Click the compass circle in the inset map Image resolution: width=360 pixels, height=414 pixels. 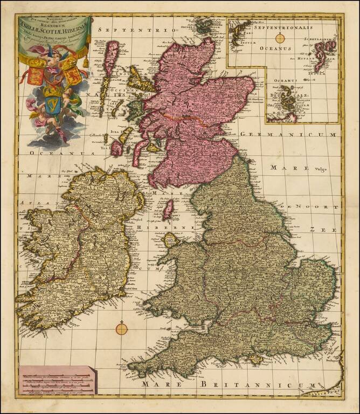280,38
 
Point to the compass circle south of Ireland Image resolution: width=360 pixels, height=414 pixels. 122,327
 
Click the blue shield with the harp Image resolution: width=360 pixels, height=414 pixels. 52,101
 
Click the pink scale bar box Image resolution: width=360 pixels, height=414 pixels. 56,382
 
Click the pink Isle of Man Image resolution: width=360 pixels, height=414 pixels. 168,209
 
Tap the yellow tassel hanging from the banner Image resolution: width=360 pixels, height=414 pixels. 86,61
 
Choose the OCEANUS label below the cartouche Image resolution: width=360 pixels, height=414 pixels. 50,153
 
